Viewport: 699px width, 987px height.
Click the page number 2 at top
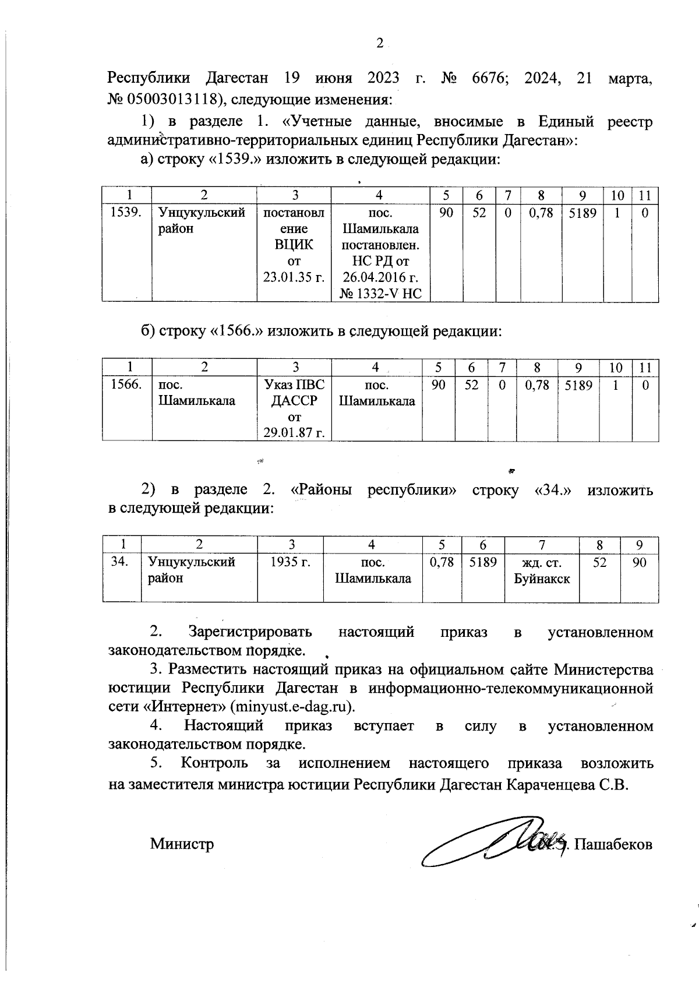[x=379, y=43]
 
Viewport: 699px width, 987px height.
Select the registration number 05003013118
[x=172, y=99]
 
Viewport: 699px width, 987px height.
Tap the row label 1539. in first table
[x=126, y=213]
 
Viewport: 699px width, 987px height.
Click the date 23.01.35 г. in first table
[x=294, y=277]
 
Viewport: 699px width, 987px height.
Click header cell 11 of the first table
[x=645, y=196]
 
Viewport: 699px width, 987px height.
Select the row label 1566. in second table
[x=126, y=385]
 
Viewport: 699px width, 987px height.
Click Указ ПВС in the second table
[x=294, y=385]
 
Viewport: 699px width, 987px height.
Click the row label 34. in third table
[x=120, y=562]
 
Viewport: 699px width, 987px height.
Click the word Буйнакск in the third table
[x=541, y=579]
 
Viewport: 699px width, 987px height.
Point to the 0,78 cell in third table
[x=441, y=562]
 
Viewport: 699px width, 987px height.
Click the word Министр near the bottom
[x=182, y=844]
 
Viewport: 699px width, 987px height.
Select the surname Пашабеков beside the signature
[x=613, y=844]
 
